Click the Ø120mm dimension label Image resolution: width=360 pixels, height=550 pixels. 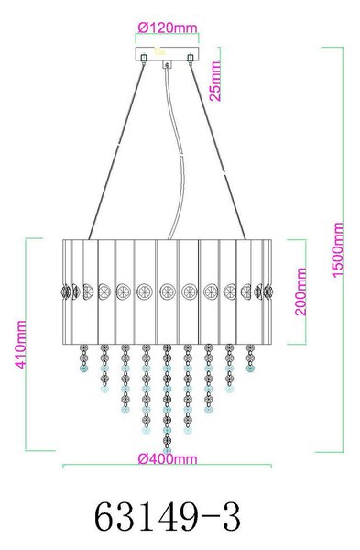(168, 27)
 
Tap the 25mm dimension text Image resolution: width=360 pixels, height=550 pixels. (215, 82)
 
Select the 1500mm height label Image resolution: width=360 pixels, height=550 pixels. (338, 249)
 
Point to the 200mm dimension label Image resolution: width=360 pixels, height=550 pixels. (300, 291)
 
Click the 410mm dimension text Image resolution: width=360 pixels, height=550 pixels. (20, 345)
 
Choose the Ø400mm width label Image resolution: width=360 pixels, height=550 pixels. (168, 459)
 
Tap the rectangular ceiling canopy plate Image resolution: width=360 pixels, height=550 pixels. (168, 53)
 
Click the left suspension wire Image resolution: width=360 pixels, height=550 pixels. (116, 151)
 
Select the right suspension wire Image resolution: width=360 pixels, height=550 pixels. (218, 151)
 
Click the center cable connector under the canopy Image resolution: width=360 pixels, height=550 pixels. (168, 64)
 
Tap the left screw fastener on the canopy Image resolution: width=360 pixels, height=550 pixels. (144, 59)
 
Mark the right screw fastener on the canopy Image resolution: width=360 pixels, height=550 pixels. (191, 59)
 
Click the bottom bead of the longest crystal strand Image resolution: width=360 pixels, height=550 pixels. (168, 450)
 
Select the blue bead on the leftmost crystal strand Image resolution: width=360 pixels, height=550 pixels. (83, 368)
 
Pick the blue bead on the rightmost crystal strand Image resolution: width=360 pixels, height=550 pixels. (250, 368)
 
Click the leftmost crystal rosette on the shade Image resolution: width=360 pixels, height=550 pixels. (66, 291)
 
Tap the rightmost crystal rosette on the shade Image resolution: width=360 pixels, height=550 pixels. (268, 291)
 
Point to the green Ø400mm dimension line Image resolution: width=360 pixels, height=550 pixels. (168, 466)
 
